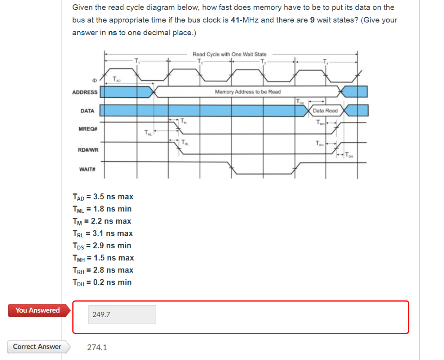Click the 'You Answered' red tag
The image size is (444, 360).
point(38,310)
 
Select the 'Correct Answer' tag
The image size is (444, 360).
point(37,347)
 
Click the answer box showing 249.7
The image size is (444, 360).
point(122,315)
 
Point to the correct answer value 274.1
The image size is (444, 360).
point(97,347)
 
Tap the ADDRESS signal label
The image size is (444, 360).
point(85,92)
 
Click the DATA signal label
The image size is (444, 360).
point(87,111)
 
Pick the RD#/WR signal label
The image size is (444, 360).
point(88,150)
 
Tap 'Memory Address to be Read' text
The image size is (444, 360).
point(248,92)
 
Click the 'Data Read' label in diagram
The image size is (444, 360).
point(325,110)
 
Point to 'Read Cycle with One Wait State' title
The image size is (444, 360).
point(229,54)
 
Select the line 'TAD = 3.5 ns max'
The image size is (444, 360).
point(103,197)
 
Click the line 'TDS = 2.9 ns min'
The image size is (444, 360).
point(102,246)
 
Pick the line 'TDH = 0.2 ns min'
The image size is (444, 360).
point(102,282)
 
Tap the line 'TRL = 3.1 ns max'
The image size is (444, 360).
point(103,234)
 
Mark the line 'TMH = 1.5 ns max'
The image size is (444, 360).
point(103,258)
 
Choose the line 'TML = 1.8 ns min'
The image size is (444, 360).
point(102,209)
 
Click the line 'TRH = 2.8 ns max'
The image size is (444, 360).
point(103,270)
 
